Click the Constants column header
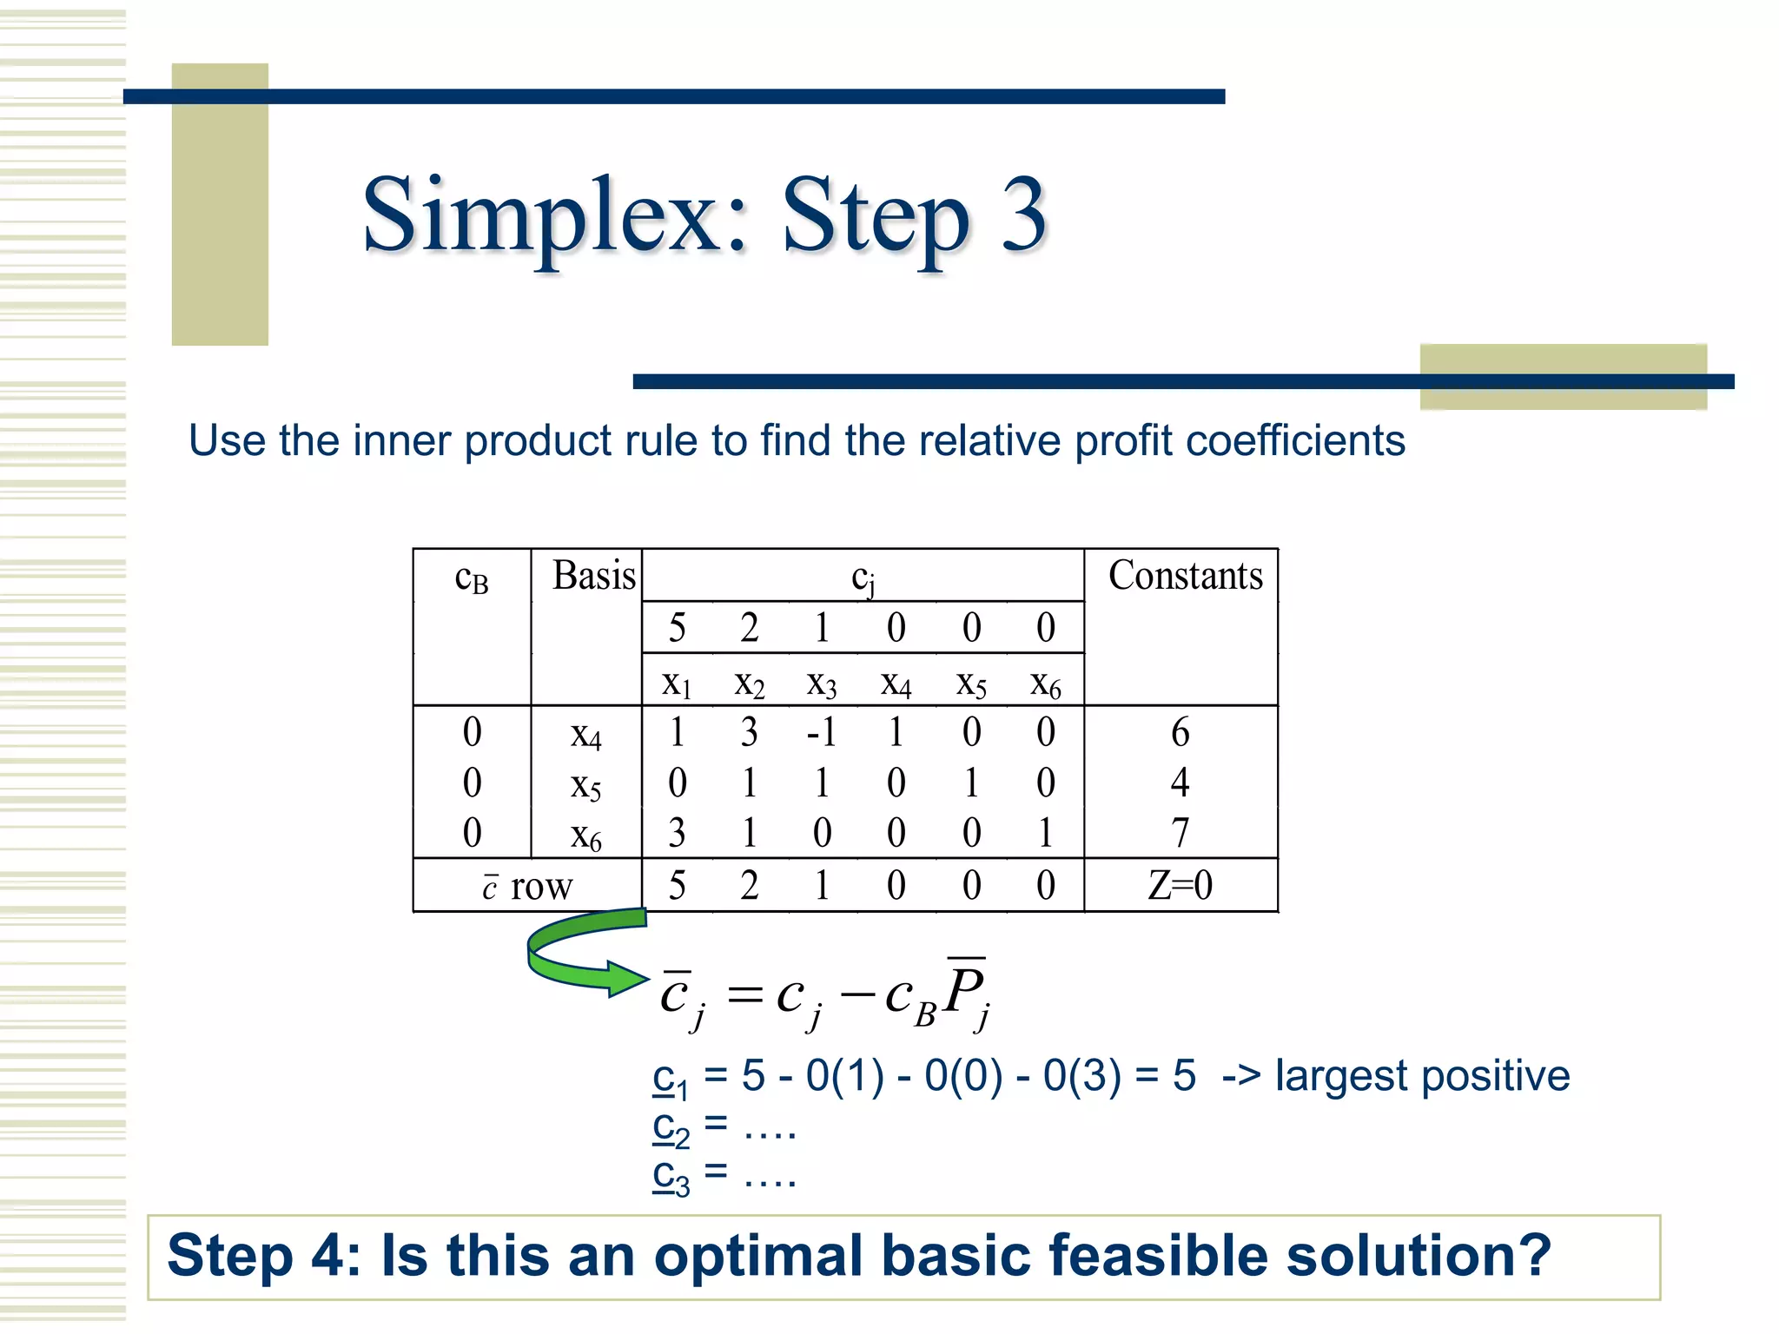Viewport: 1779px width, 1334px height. (1185, 576)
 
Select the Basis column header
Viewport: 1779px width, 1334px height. (594, 576)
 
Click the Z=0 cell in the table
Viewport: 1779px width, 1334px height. (1180, 886)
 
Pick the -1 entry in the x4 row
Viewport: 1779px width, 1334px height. (821, 733)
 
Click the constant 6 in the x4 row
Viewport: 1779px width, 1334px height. (1180, 733)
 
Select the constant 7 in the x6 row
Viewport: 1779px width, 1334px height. (1180, 834)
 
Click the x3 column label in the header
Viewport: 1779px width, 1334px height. (821, 685)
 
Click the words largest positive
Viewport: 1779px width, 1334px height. (1422, 1076)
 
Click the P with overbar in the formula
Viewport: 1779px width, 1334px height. (965, 990)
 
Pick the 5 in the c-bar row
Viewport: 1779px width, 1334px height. (677, 886)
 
